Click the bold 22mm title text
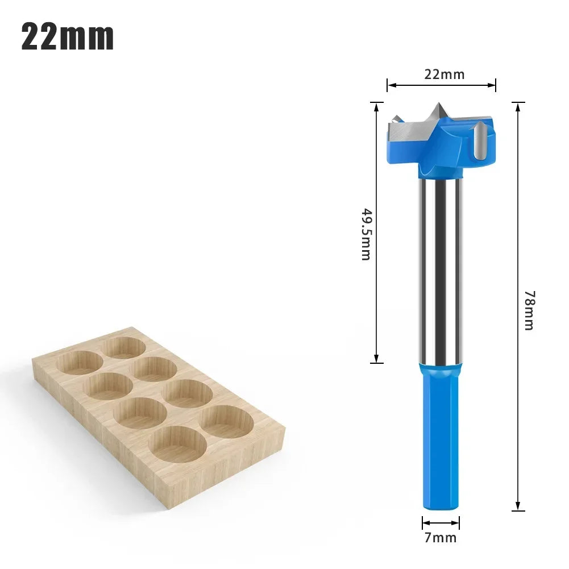(68, 37)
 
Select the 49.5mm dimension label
(366, 234)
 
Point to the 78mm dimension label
(530, 310)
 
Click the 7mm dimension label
(441, 537)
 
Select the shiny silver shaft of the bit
(441, 271)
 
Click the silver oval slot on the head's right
(480, 142)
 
